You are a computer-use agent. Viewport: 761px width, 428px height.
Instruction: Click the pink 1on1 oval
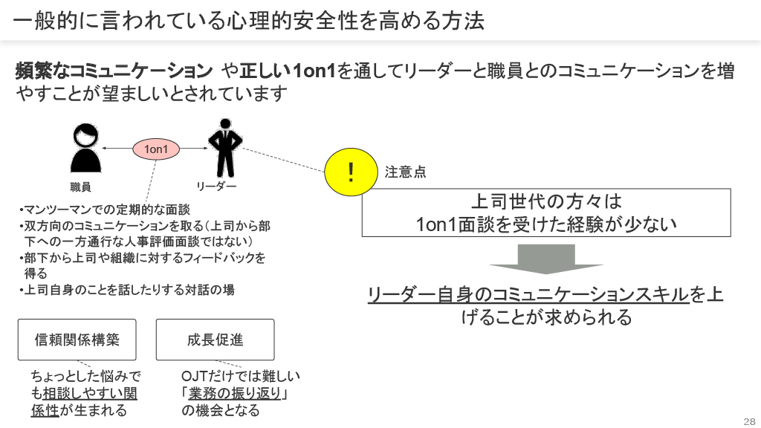pos(156,149)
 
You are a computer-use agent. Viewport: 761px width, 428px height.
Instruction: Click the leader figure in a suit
pos(224,149)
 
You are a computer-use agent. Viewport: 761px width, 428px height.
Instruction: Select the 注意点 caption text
pos(406,172)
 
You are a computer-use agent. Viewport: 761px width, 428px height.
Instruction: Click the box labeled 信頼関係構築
pos(77,340)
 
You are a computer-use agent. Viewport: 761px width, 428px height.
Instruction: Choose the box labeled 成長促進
pos(215,340)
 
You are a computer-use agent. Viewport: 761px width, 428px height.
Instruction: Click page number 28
pos(748,418)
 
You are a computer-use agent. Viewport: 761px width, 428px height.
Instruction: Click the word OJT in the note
pos(195,377)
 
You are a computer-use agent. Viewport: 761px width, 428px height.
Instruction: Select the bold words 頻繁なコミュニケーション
pos(114,71)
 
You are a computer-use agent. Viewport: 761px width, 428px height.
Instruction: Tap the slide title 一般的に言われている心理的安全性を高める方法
pos(249,20)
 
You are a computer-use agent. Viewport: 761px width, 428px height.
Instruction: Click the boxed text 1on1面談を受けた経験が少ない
pos(546,224)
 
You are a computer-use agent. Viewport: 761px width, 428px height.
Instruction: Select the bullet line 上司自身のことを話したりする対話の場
pos(126,290)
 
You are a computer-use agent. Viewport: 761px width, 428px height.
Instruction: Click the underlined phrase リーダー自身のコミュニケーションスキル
pos(528,295)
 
